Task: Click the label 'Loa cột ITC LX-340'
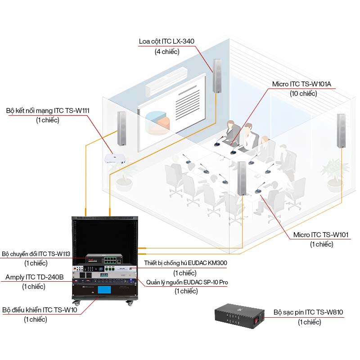pos(166,41)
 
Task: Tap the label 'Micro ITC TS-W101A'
pos(301,84)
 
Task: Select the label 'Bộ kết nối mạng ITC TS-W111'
pos(48,111)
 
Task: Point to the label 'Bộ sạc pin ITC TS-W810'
pos(308,312)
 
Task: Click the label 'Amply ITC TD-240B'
pos(35,277)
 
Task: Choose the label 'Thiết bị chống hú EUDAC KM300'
pos(185,263)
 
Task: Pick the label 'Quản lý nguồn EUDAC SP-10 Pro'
pos(187,282)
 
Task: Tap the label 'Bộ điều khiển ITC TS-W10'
pos(40,310)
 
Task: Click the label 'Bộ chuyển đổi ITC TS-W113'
pos(36,254)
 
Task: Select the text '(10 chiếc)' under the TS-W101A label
pos(303,94)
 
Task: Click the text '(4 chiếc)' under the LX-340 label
pos(167,51)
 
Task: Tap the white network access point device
pos(115,159)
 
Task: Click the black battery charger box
pos(239,316)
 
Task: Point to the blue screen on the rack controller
pos(104,290)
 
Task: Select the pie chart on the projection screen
pos(157,121)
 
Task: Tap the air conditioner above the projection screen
pos(166,81)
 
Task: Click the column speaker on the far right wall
pos(341,131)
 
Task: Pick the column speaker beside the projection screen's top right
pos(217,76)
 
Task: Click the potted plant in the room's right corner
pos(335,175)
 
